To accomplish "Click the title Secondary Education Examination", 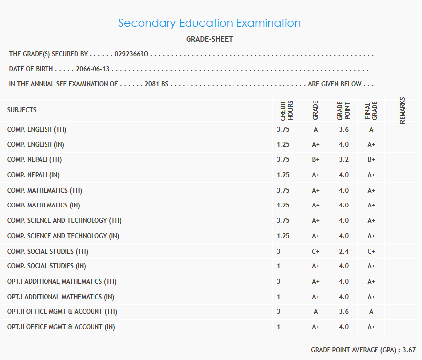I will click(209, 23).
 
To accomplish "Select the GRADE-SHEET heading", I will click(209, 39).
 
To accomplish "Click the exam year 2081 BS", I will click(157, 84).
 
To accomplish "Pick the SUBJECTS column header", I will click(22, 110).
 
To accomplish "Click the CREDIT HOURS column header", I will click(287, 111).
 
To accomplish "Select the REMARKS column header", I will click(402, 110).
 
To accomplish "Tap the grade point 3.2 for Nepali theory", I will click(344, 160).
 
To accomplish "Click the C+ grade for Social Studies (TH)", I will click(316, 252).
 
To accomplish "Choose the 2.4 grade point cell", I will click(344, 252).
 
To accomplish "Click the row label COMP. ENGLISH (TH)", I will click(37, 130).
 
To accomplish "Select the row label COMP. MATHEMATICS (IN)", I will click(44, 206).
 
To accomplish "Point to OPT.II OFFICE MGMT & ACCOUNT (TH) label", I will click(62, 312).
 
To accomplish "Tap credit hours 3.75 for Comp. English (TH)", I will click(283, 130).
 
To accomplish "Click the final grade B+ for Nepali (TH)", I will click(371, 160).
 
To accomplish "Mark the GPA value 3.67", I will click(409, 350).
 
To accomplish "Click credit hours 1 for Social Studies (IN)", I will click(279, 266).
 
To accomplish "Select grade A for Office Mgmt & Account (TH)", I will click(316, 312).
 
